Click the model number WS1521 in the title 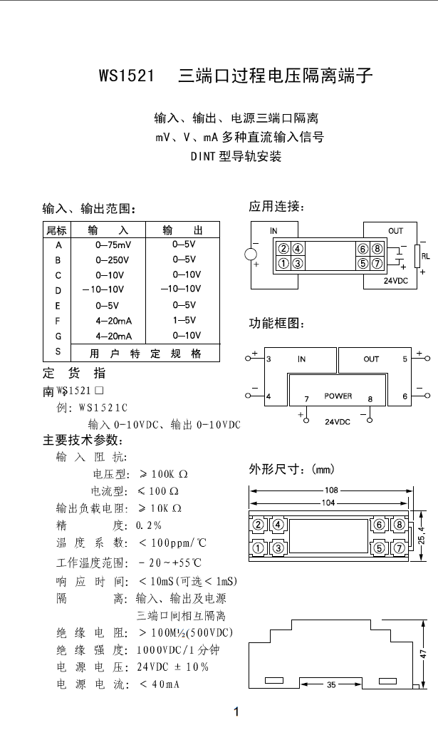(126, 76)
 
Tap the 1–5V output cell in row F (184, 321)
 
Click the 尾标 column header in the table (57, 230)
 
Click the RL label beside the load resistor (426, 255)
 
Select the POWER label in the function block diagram (338, 396)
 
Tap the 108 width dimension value (331, 490)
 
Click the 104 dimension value (328, 503)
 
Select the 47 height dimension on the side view (423, 652)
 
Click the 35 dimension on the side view (331, 685)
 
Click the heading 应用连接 (277, 207)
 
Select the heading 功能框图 (277, 324)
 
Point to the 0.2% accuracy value (149, 525)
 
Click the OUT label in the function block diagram (372, 359)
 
